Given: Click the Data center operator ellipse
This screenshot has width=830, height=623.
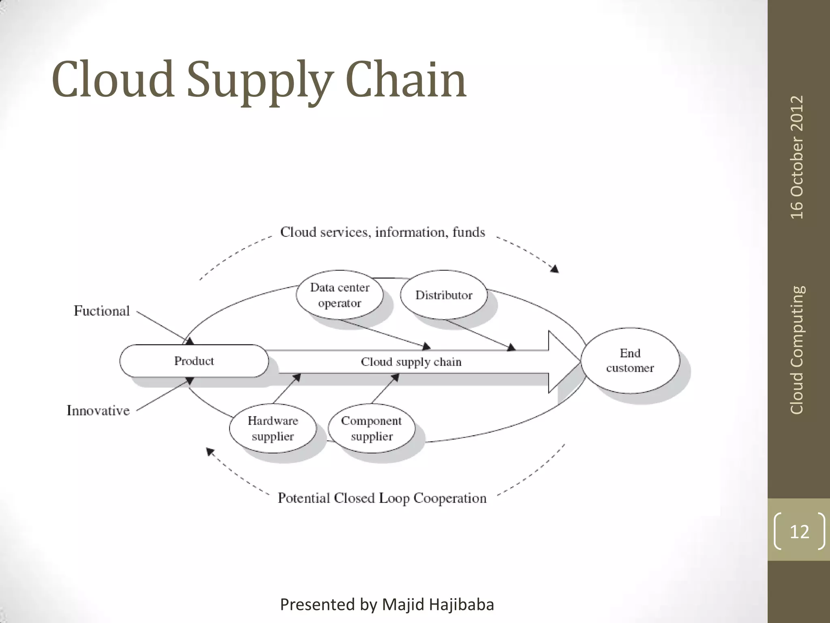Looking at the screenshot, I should [340, 295].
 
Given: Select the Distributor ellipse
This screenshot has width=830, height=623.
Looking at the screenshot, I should [444, 295].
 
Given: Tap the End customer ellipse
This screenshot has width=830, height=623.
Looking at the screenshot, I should [630, 360].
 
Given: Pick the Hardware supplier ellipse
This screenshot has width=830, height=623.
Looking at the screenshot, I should [272, 428].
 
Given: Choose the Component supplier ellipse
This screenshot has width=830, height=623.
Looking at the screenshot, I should [371, 428].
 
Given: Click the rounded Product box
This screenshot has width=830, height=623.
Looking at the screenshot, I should [194, 361].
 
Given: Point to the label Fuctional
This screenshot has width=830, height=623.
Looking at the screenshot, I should [102, 311].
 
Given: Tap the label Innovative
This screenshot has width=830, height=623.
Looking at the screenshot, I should [98, 410].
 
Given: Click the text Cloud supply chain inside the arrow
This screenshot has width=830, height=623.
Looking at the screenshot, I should [411, 362].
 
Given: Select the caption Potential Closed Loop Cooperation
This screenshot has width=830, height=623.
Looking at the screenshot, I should [382, 498].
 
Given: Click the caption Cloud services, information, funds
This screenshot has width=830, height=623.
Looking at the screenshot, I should [383, 232].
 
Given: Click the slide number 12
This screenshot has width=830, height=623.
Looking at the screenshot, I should [799, 531].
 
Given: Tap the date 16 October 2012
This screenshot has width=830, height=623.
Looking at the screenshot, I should [797, 157].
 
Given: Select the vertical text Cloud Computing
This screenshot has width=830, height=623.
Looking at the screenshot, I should [797, 350].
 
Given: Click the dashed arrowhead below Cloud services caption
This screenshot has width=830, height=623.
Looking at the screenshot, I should [555, 269].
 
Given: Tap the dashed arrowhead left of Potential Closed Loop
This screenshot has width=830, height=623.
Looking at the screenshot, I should [210, 451].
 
